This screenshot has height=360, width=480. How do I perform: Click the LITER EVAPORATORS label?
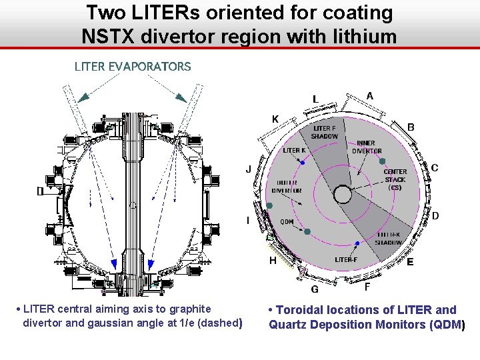click(x=133, y=67)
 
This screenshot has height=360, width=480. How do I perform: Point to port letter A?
click(x=370, y=96)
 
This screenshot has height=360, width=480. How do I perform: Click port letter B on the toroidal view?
click(x=411, y=127)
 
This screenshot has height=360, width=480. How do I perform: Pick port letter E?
click(x=410, y=262)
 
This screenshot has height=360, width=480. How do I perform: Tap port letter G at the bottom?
click(x=315, y=289)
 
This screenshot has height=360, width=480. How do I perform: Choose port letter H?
click(x=272, y=260)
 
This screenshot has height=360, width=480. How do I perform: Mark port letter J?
click(x=249, y=169)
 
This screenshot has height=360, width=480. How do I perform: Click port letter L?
click(x=316, y=99)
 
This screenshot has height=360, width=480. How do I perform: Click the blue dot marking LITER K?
click(x=303, y=163)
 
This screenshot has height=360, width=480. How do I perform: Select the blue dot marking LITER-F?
click(x=357, y=243)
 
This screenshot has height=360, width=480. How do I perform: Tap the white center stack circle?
click(x=343, y=194)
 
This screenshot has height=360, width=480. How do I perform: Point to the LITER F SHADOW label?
click(x=325, y=132)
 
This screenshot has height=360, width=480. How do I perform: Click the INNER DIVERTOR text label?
click(x=366, y=147)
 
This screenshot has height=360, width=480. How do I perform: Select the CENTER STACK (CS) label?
click(x=395, y=179)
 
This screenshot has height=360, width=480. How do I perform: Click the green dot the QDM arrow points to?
click(x=307, y=231)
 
